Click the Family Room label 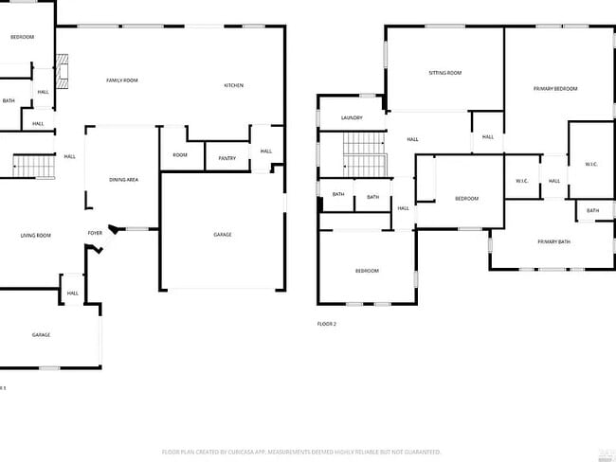tap(121, 80)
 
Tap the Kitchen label tap(233, 85)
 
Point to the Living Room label tap(36, 235)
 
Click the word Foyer tap(95, 233)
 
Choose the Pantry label tap(227, 158)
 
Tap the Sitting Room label tap(444, 73)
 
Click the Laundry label tap(352, 117)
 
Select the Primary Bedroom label tap(555, 88)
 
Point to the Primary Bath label tap(553, 242)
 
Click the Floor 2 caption tap(327, 324)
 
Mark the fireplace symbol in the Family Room tap(63, 72)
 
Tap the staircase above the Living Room tap(33, 167)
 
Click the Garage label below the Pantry tap(222, 235)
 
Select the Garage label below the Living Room tap(41, 334)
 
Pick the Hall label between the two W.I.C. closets tap(554, 181)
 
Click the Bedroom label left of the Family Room tap(22, 37)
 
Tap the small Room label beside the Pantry tap(180, 154)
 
